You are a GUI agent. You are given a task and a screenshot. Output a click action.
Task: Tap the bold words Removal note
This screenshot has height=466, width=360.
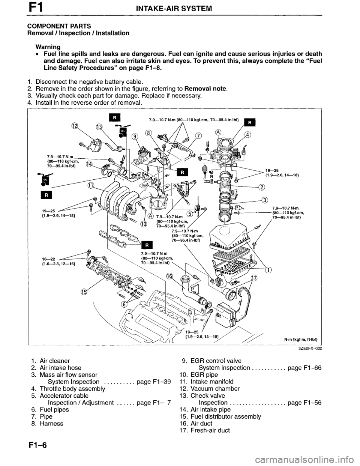(208, 89)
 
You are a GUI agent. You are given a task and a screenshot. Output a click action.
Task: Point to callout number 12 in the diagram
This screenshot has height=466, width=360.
(75, 125)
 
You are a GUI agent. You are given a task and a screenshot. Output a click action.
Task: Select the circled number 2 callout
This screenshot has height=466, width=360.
(261, 188)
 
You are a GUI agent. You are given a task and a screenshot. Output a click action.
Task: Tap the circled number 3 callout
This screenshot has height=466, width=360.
(265, 199)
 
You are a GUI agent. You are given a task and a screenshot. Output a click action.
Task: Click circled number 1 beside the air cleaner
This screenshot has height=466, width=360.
(268, 270)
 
